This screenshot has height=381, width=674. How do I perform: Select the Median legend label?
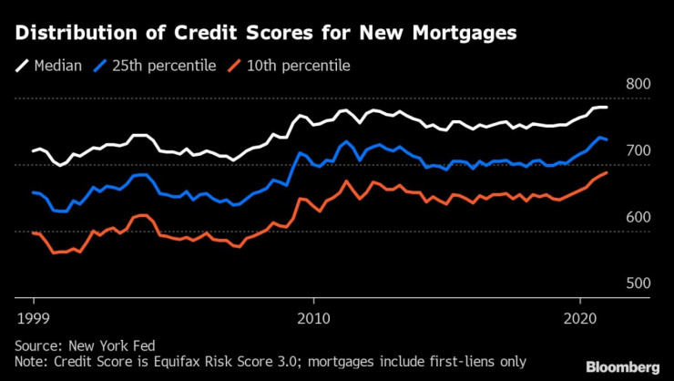coord(58,65)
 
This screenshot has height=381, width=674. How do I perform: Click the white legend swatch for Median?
coord(22,65)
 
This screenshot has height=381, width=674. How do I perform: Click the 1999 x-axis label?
coord(34,318)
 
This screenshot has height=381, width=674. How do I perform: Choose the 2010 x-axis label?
coord(313,318)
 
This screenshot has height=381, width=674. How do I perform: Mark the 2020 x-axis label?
coord(580,318)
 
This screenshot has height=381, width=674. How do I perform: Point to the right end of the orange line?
coord(607,172)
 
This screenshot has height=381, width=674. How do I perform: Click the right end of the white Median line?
coord(607,108)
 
